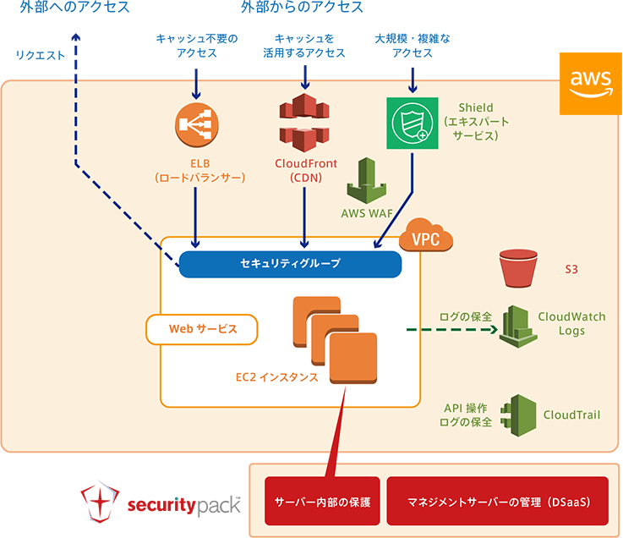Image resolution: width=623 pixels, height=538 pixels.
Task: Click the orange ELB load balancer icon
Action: pos(196,125)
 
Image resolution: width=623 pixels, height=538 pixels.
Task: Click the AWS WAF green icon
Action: pos(365,181)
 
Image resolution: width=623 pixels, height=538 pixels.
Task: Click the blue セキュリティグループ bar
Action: pos(290,264)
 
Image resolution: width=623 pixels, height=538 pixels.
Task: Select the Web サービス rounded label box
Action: pos(202,329)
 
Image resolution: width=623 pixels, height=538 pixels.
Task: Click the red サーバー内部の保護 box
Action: pos(321,501)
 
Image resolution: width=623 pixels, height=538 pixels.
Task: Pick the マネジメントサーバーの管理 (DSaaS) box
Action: pos(497,501)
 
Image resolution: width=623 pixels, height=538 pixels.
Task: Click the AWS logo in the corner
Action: pos(589,82)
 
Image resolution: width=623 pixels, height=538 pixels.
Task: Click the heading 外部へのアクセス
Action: pos(77,8)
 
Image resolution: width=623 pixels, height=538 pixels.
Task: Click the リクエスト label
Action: pos(40,56)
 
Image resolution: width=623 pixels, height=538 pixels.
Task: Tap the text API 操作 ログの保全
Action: pos(467,414)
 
